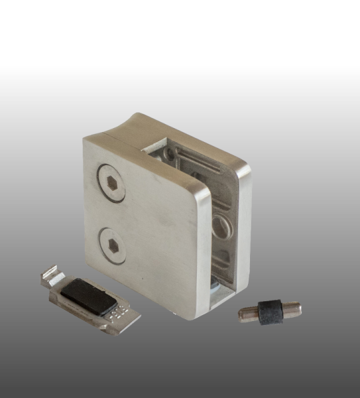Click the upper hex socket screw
point(111,182)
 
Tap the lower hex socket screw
point(112,244)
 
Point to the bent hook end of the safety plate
point(49,275)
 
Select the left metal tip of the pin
point(247,314)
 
